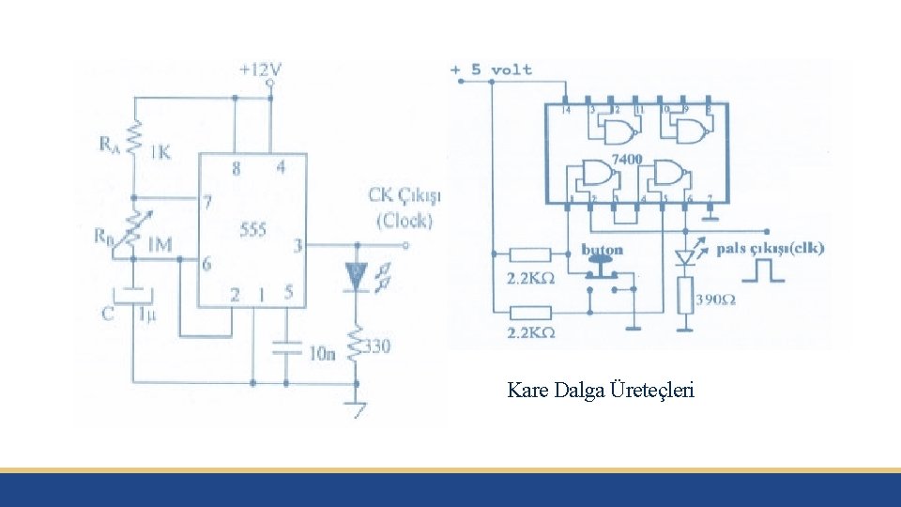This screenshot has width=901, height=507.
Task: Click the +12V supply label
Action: coord(260,69)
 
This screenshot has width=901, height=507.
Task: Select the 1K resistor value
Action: coord(160,152)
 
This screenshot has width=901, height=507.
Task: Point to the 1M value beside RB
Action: coord(160,245)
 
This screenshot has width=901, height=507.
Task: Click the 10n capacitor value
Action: coord(321,353)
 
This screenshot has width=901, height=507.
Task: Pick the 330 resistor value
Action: coord(378,346)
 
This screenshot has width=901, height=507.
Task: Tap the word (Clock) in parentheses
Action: coord(404,222)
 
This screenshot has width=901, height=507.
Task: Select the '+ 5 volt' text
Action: coord(491,69)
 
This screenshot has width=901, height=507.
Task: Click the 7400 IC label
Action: coord(626,160)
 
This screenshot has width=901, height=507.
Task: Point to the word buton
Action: coord(602,250)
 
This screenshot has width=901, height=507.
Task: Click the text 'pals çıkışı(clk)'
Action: coord(771,249)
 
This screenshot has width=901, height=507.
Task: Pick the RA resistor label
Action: coord(110,144)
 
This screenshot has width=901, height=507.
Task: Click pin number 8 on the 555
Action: coord(236,169)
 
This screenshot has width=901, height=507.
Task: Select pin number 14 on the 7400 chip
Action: coord(566,111)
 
